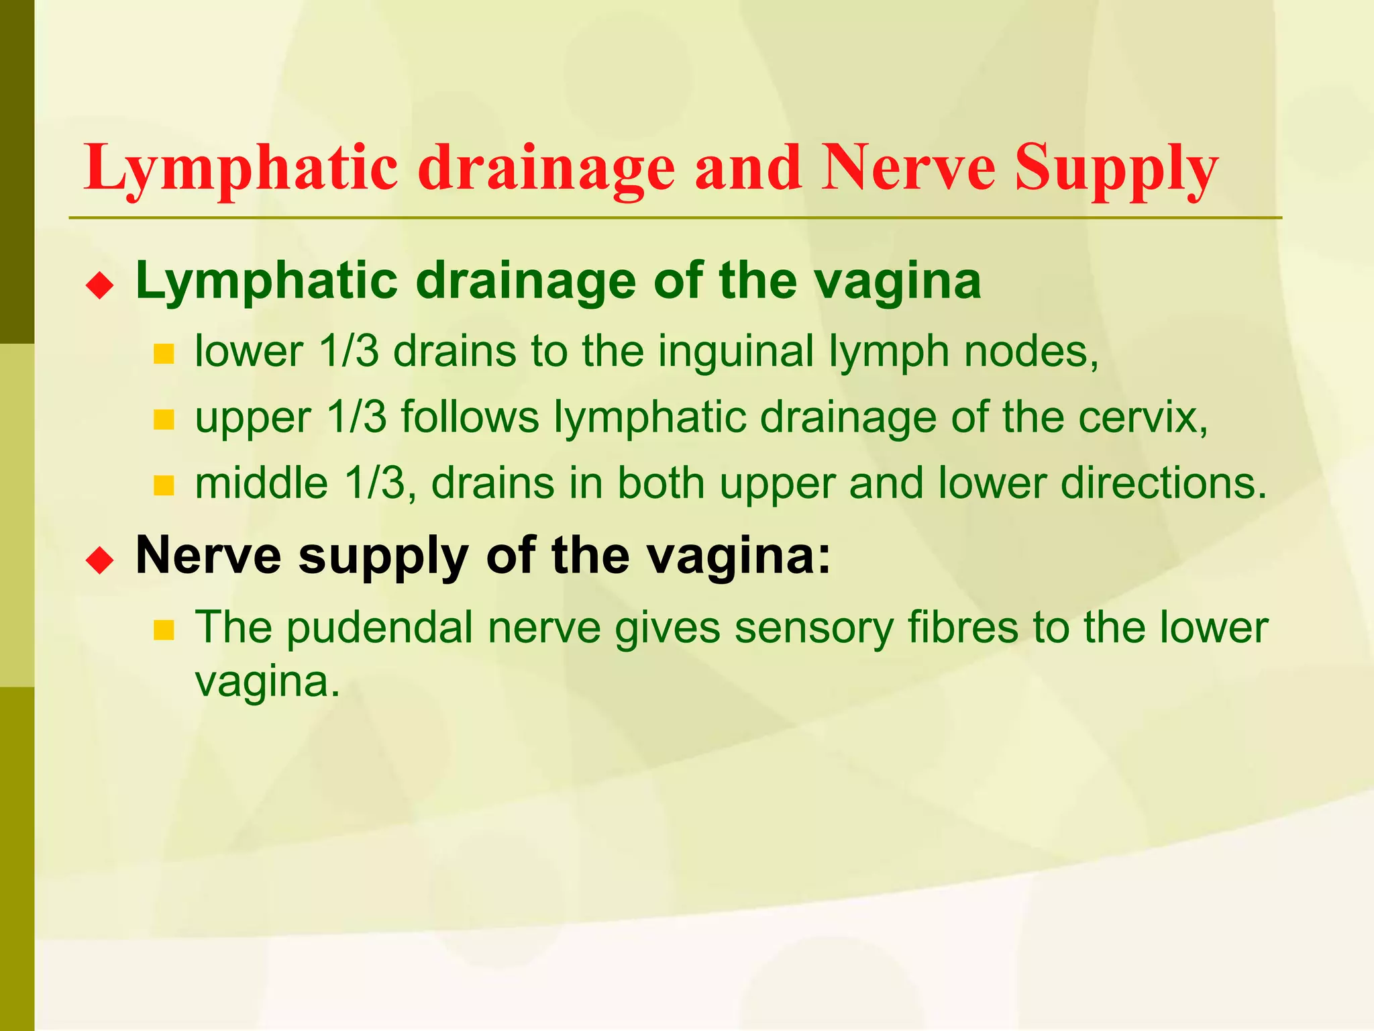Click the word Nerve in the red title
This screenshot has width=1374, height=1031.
(x=910, y=168)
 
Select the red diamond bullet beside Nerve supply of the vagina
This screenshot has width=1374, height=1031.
(x=100, y=560)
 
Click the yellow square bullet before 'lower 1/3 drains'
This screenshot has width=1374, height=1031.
(x=164, y=354)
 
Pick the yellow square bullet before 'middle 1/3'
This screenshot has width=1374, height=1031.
(x=164, y=485)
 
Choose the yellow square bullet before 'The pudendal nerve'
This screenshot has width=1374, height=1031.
(x=164, y=630)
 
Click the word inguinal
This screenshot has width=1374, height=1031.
(x=735, y=351)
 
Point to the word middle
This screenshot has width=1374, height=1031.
(x=261, y=483)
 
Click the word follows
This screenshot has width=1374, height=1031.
(x=470, y=417)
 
